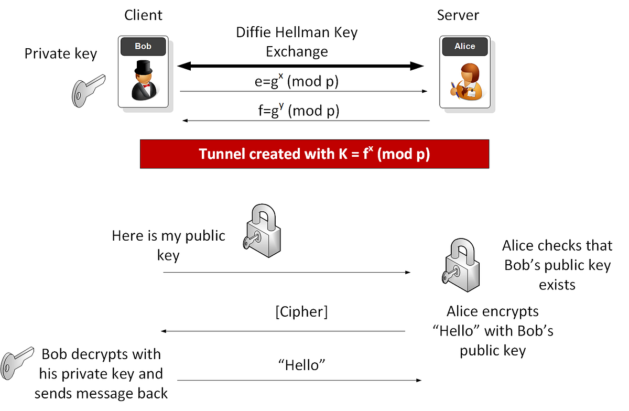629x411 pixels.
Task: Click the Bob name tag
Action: (143, 46)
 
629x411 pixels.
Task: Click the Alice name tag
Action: (464, 46)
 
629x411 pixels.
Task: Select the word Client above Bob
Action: (143, 15)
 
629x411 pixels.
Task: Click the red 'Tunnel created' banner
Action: (314, 154)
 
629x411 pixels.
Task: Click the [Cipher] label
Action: (301, 312)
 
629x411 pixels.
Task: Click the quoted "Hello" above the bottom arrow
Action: (301, 365)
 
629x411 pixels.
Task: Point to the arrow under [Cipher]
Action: (283, 331)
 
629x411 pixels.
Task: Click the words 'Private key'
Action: (61, 53)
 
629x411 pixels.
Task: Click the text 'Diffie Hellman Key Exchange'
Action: (296, 42)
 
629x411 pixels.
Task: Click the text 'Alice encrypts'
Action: (492, 311)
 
